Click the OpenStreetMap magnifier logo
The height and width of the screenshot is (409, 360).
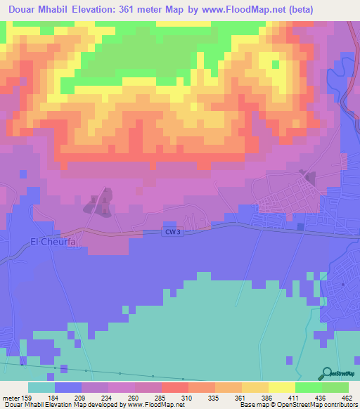(326, 373)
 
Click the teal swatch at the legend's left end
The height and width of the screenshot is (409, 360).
(41, 388)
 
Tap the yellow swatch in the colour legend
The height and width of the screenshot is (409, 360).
(282, 388)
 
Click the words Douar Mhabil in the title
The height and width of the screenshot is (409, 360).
(39, 9)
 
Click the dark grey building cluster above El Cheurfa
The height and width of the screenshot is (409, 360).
(99, 203)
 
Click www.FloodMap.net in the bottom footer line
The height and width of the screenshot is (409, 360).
(155, 404)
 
